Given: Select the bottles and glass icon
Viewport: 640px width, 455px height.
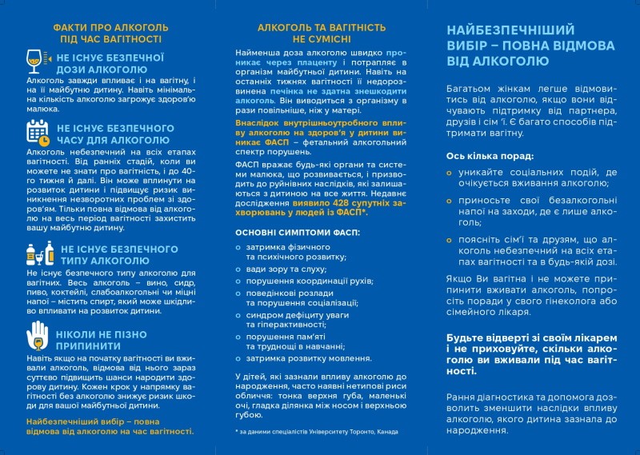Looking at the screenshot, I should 38,254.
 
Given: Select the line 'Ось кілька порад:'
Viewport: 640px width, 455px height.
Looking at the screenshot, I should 490,156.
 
